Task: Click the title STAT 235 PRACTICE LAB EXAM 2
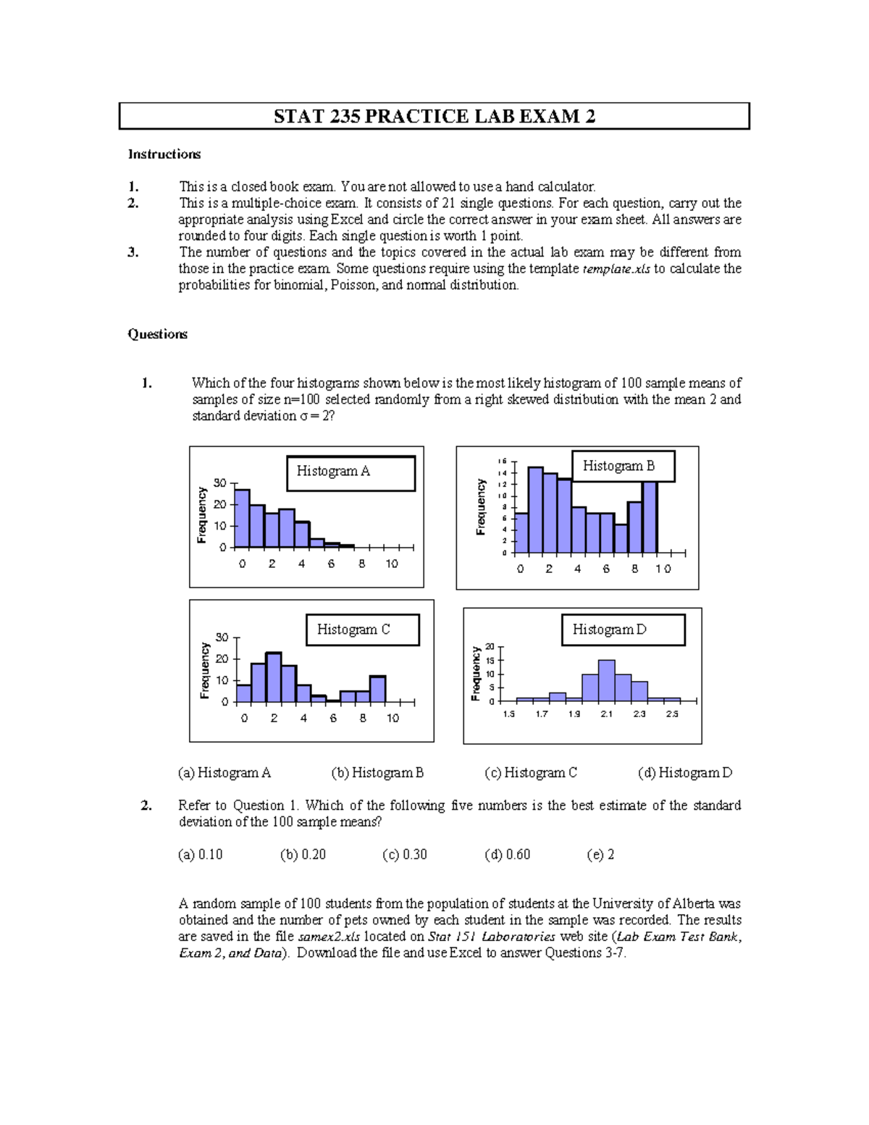coord(434,117)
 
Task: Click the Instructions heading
coord(164,154)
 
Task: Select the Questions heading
coord(158,334)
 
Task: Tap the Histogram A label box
coord(350,472)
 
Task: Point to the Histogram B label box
coord(623,467)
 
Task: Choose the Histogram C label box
coord(362,630)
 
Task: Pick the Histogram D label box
coord(623,630)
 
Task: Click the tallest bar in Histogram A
coord(242,519)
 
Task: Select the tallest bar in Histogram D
coord(607,681)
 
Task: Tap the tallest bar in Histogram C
coord(274,677)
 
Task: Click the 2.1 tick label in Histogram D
coord(607,714)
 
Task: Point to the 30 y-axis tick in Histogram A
coord(220,483)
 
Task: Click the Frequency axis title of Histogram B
coord(480,507)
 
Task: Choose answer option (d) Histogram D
coord(685,773)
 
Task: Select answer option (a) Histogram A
coord(224,773)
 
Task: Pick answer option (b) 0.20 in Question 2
coord(303,855)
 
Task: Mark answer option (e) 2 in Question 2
coord(600,855)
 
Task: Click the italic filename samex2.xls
coord(329,937)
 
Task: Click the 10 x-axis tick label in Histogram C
coord(392,719)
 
